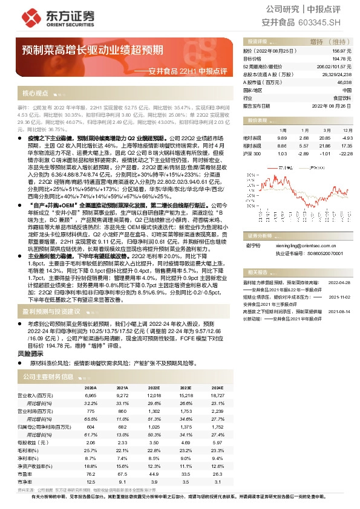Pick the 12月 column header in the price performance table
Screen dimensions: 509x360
[x=347, y=130]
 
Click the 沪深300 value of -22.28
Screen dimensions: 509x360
[x=345, y=154]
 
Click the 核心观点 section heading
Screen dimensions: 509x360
[x=35, y=94]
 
